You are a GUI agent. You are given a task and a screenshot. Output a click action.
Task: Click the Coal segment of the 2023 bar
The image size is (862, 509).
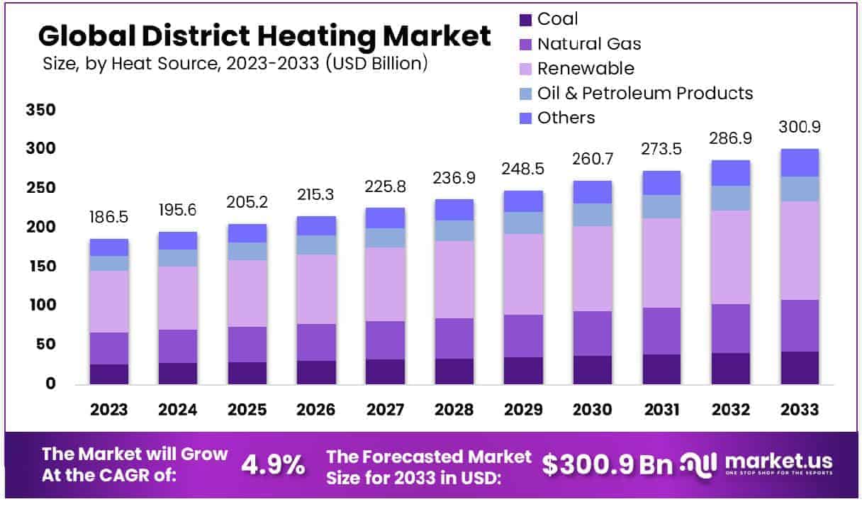pos(109,374)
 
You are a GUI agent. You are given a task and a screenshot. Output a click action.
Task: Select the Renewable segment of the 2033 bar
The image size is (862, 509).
pos(800,250)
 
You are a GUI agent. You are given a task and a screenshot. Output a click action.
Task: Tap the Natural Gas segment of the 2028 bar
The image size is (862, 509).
pos(454,338)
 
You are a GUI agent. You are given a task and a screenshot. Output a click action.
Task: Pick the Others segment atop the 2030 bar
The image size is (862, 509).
pos(592,192)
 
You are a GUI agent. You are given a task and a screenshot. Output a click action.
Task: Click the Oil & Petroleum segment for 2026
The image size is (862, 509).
pos(317,245)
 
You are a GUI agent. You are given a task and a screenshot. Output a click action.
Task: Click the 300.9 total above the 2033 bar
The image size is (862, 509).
pos(800,128)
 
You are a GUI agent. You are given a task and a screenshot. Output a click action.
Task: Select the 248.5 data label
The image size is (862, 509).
pos(523,170)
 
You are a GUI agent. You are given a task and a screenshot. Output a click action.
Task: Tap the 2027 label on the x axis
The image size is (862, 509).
pos(385,410)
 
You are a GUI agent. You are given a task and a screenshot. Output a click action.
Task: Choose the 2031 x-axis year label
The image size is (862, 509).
pos(661,410)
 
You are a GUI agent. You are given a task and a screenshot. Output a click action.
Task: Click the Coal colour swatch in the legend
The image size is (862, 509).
pos(525,20)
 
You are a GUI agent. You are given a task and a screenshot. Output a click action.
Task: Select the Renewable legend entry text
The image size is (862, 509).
pos(586,69)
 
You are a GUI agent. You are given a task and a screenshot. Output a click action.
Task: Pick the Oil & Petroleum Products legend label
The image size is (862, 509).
pos(644,93)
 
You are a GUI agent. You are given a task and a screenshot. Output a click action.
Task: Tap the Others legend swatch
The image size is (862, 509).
pos(525,118)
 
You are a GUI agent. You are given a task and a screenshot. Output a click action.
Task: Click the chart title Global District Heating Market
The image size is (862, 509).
pos(264,35)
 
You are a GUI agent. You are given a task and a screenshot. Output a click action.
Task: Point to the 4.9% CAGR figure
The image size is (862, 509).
pos(274,464)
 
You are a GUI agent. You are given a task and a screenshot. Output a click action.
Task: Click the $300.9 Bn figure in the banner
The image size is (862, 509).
pos(608,464)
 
